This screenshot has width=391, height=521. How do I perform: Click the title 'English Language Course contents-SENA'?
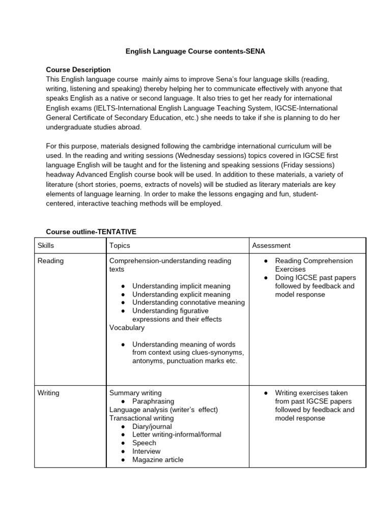[195, 51]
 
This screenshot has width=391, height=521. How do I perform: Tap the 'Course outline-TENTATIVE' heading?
[91, 231]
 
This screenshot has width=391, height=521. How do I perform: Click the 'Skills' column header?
[46, 245]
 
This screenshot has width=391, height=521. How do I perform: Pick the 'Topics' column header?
[120, 245]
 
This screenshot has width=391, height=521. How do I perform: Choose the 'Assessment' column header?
[271, 245]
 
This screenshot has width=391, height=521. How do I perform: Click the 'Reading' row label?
[50, 260]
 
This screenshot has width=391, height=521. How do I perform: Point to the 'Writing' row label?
[49, 393]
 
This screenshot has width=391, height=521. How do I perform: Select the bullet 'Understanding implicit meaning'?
[181, 286]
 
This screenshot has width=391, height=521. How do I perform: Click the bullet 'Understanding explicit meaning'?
[181, 294]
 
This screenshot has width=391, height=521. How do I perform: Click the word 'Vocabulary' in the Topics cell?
[127, 328]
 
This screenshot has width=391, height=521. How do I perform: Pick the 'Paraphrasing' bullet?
[153, 401]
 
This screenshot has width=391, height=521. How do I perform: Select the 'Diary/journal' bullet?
[152, 426]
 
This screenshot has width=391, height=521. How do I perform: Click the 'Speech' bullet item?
[144, 443]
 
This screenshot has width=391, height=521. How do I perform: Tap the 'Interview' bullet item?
[146, 451]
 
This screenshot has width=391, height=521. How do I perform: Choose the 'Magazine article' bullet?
[158, 459]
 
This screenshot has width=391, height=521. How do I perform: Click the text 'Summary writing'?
[135, 393]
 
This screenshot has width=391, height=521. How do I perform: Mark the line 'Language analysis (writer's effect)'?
[163, 410]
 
